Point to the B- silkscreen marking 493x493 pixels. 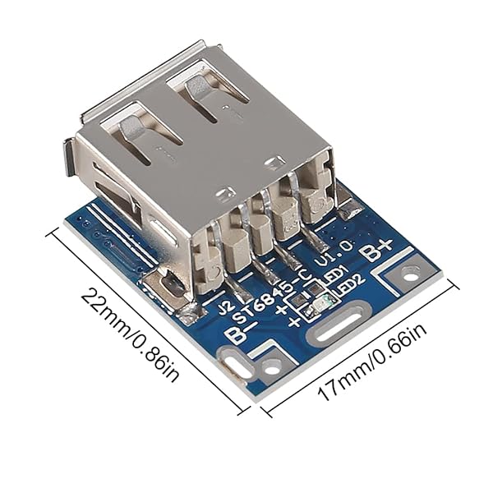240,332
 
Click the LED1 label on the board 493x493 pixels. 334,273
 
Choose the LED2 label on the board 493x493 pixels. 351,284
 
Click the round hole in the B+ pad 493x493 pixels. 409,277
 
